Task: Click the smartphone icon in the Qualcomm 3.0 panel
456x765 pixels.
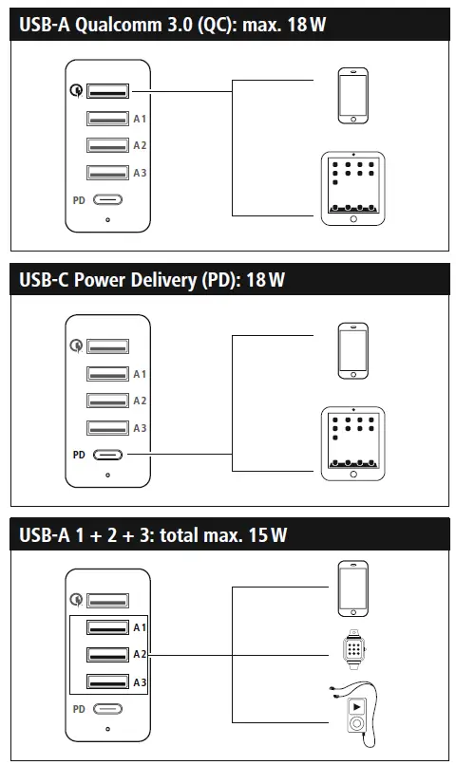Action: [353, 95]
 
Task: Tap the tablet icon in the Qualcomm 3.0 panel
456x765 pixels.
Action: [352, 188]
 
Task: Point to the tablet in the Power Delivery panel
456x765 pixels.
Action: [352, 444]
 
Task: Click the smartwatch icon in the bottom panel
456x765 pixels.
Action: [353, 650]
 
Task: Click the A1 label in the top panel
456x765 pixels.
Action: [139, 120]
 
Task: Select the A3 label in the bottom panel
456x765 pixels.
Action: [139, 682]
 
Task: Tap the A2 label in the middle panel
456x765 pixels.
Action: [139, 401]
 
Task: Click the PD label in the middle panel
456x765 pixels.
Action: [80, 456]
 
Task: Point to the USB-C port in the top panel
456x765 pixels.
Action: [108, 200]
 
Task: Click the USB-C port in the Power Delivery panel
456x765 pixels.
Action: [108, 456]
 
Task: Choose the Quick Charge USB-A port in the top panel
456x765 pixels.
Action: [108, 91]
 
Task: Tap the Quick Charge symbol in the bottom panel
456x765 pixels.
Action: [76, 600]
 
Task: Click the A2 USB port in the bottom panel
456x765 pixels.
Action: [108, 655]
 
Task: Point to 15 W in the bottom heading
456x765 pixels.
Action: [267, 535]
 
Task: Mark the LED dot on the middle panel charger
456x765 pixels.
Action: [108, 475]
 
